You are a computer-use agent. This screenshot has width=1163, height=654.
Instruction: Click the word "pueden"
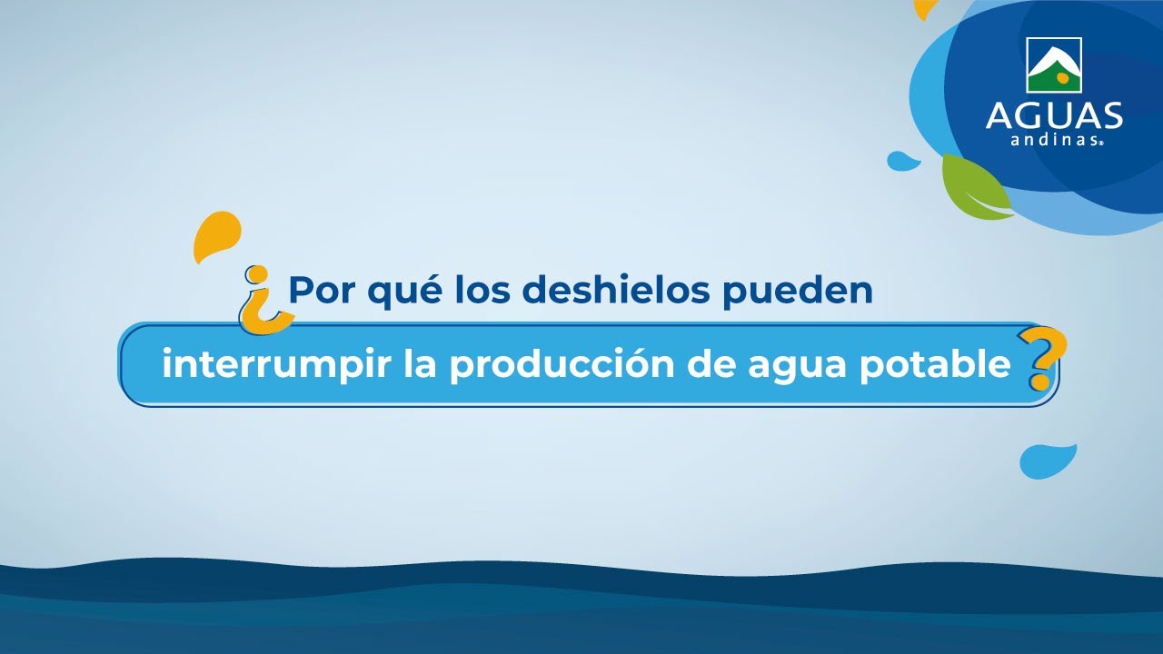coord(798,292)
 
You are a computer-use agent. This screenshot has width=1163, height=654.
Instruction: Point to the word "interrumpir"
coord(276,365)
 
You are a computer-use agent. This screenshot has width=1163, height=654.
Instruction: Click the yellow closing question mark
coord(1042,358)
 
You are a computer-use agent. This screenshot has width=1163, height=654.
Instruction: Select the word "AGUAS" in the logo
coord(1054,114)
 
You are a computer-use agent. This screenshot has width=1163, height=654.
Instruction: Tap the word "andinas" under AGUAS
coord(1054,140)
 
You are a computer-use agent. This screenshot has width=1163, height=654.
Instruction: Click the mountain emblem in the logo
coord(1054,65)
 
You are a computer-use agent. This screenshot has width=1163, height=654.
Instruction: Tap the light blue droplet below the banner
coord(1045,461)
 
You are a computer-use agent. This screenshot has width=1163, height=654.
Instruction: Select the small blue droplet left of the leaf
coord(902,161)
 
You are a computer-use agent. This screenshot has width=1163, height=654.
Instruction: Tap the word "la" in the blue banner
coord(420,364)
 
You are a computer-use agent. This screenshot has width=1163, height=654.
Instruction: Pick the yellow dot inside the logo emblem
coord(1062,78)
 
